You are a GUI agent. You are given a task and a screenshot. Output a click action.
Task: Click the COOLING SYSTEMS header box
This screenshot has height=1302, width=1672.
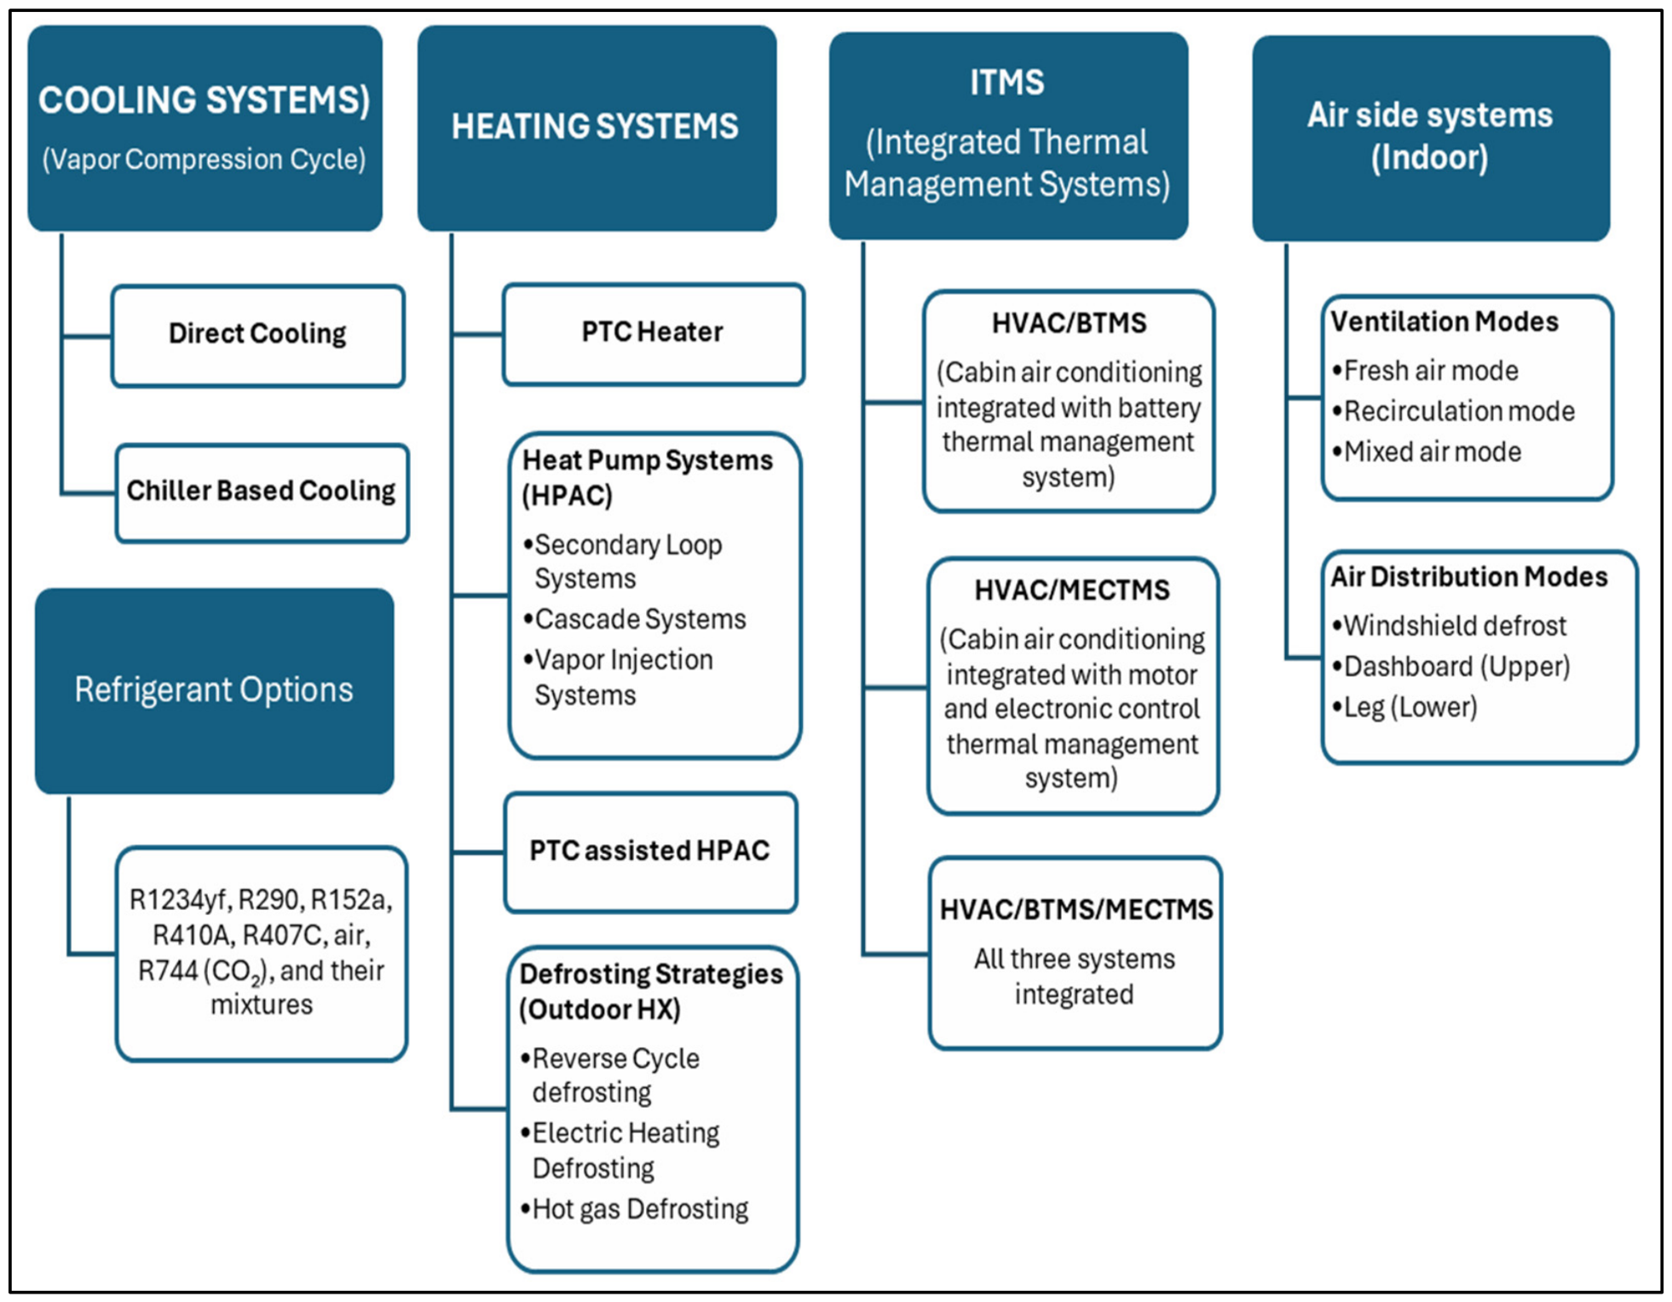[x=205, y=128]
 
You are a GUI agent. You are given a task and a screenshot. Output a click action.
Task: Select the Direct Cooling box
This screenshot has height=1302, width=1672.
[x=257, y=336]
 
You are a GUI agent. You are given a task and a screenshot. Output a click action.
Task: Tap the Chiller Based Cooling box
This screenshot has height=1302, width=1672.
[x=262, y=493]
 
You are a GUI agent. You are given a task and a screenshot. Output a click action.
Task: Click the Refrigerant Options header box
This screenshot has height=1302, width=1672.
[x=214, y=690]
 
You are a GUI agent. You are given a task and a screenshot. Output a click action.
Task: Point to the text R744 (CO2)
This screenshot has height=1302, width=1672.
[x=203, y=971]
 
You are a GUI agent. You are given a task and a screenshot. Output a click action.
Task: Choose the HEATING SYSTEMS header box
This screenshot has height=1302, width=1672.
[x=597, y=128]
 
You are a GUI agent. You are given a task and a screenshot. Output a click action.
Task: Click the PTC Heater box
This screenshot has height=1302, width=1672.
[x=654, y=334]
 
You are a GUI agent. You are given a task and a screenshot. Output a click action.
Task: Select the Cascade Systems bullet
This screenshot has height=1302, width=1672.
[x=635, y=619]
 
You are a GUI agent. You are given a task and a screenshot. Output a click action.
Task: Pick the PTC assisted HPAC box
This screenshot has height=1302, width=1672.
[x=650, y=852]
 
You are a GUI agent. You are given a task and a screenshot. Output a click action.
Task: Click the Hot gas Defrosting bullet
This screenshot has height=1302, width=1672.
[x=634, y=1209]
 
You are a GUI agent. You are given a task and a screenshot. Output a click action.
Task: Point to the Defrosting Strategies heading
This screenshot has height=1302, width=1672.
[x=651, y=991]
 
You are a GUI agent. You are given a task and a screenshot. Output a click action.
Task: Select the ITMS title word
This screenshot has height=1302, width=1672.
[x=1006, y=83]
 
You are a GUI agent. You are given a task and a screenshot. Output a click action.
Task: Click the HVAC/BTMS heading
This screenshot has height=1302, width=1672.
[x=1069, y=323]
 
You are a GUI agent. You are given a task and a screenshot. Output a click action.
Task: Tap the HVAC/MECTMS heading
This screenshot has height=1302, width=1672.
[x=1072, y=590]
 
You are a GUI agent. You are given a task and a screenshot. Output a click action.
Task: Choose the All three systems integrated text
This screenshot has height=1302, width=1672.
[x=1074, y=976]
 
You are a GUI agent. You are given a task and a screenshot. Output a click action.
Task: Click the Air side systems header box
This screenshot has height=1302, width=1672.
[x=1431, y=138]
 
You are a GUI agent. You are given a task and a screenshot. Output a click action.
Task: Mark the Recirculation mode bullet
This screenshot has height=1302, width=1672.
[x=1453, y=411]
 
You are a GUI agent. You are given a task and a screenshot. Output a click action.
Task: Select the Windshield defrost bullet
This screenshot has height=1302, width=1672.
[x=1449, y=625]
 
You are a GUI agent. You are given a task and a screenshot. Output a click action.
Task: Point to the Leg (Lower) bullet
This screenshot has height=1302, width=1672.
[x=1404, y=706]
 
